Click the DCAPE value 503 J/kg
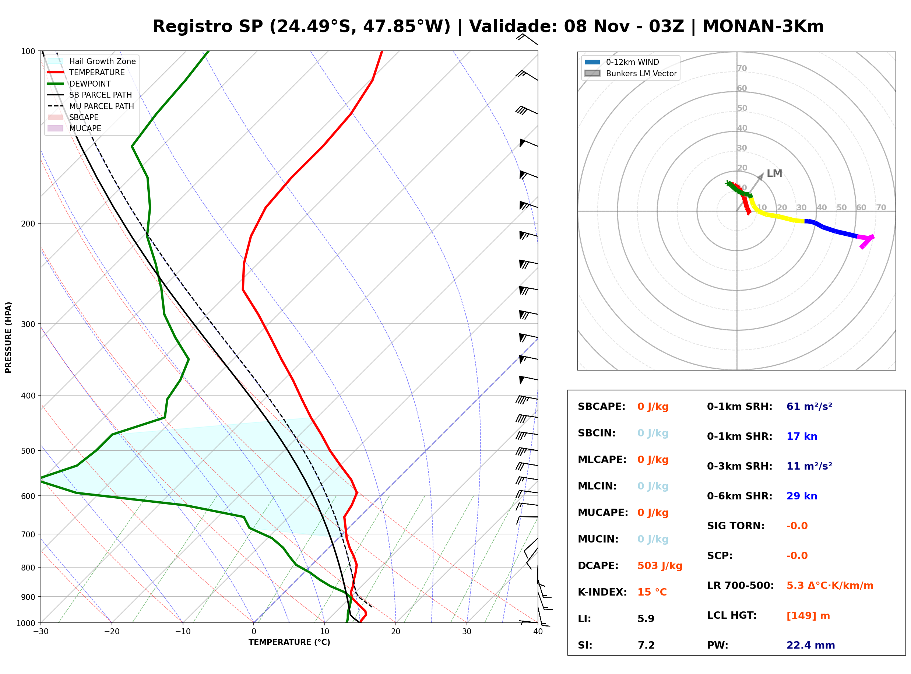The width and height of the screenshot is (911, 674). tap(659, 566)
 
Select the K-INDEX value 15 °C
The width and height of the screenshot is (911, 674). tap(652, 592)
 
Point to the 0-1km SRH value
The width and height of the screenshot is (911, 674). tap(809, 407)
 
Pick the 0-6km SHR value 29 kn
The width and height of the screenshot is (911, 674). tap(802, 496)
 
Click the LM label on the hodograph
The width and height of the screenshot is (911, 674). tap(774, 173)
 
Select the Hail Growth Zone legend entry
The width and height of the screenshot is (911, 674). tap(92, 61)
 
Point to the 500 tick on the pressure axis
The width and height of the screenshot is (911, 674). tap(28, 451)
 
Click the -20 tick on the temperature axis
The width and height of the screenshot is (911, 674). tap(111, 632)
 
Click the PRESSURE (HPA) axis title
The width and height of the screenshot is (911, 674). tap(8, 337)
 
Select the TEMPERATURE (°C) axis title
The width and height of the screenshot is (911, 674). tap(289, 642)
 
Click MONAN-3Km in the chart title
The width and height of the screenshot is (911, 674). tap(763, 27)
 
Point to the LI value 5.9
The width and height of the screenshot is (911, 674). tap(646, 619)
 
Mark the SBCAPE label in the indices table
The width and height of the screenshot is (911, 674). tap(601, 407)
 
